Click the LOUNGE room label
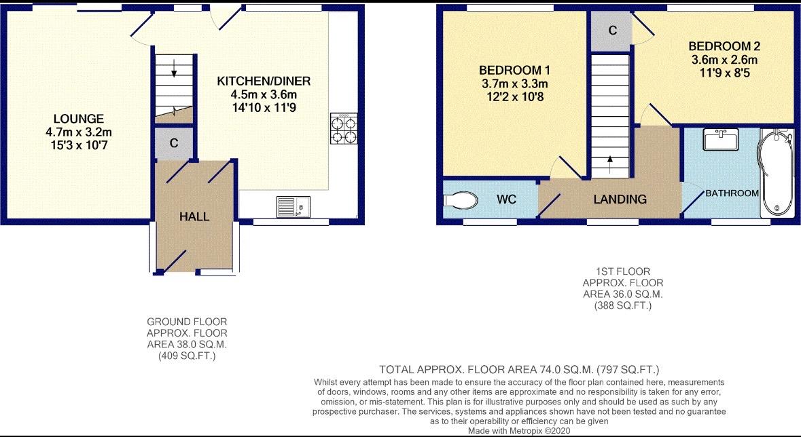pyautogui.click(x=79, y=119)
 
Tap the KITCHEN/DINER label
pyautogui.click(x=264, y=81)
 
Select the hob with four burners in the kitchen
pyautogui.click(x=344, y=128)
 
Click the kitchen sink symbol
pyautogui.click(x=293, y=207)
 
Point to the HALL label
pyautogui.click(x=194, y=216)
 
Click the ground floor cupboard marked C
pyautogui.click(x=174, y=143)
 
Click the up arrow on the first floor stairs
pyautogui.click(x=610, y=165)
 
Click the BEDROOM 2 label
pyautogui.click(x=724, y=46)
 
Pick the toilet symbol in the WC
pyautogui.click(x=460, y=199)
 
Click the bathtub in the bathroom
pyautogui.click(x=777, y=172)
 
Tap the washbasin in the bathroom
pyautogui.click(x=720, y=139)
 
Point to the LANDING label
pyautogui.click(x=620, y=199)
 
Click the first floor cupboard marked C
pyautogui.click(x=613, y=31)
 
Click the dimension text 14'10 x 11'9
pyautogui.click(x=264, y=108)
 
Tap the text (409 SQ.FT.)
pyautogui.click(x=187, y=356)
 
